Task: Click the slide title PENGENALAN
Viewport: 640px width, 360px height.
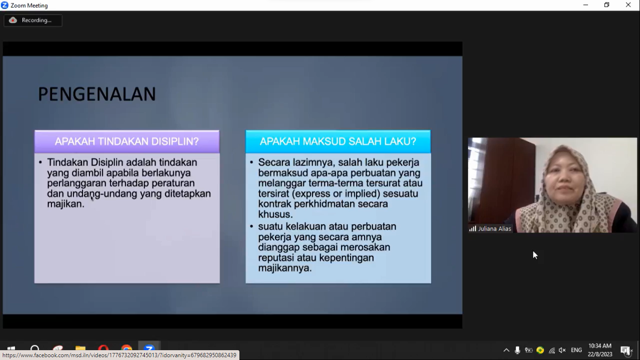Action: coord(97,94)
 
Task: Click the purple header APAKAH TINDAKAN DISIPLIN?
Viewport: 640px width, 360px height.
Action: coord(127,141)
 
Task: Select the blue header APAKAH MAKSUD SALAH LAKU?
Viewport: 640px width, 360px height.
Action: coord(338,141)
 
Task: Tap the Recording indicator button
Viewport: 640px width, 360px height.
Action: coord(33,20)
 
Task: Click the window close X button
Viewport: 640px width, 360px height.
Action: coord(628,5)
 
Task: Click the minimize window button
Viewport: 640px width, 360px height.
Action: coord(586,5)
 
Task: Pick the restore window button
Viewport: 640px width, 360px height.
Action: coord(607,5)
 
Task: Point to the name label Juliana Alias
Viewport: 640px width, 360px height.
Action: coord(494,229)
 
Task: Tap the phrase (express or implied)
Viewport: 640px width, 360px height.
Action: coord(336,194)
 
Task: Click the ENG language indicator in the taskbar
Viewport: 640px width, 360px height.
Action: coord(576,350)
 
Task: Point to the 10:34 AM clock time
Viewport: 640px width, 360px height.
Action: coord(600,346)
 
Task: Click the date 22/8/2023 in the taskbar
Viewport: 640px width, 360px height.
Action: coord(600,354)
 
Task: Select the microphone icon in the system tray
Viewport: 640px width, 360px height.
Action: coord(517,350)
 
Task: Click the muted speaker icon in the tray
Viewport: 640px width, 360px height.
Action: coord(562,350)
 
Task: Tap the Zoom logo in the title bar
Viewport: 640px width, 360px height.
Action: coord(5,5)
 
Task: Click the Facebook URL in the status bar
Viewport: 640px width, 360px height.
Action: coord(119,355)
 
